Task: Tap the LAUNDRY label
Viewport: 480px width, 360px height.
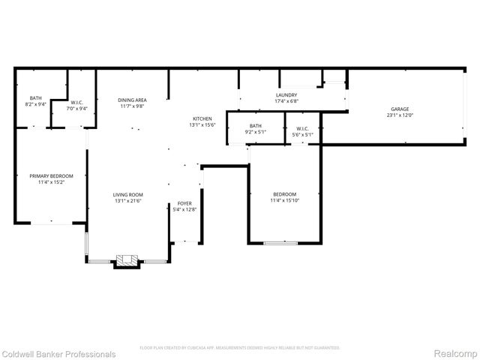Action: [286, 95]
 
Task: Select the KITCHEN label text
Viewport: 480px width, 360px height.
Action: [202, 118]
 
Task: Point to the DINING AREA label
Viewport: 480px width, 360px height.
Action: [133, 100]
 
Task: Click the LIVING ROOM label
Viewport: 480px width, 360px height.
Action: [128, 194]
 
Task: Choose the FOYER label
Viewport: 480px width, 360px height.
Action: [184, 204]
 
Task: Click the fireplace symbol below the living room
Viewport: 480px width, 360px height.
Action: [126, 261]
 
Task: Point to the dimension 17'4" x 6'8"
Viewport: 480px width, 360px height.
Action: [286, 101]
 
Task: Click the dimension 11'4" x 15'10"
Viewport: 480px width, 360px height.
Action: [285, 199]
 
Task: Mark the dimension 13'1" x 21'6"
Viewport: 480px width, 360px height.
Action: [128, 200]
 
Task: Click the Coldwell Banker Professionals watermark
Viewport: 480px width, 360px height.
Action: [58, 354]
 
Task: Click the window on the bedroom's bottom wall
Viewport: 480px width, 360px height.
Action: [280, 242]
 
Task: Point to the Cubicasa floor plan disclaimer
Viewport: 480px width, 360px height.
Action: [240, 348]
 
